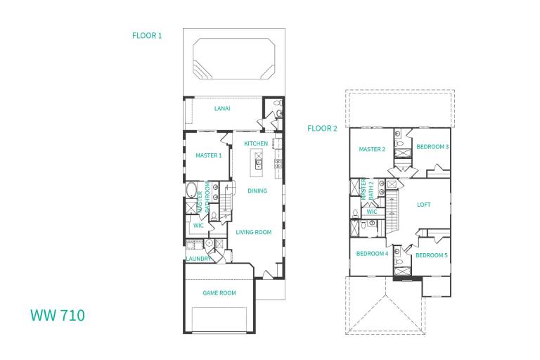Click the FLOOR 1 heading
(147, 35)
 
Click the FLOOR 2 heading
(322, 129)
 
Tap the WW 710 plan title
(58, 315)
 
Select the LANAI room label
(222, 108)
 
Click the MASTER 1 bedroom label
(209, 155)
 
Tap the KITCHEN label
(256, 143)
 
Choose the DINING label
(257, 191)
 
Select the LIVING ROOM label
(254, 232)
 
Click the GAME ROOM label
(219, 292)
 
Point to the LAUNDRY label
(198, 259)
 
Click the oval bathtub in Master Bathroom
(191, 190)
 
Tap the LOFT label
(423, 205)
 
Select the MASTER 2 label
(372, 149)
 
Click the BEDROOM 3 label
(432, 147)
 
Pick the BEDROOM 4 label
(372, 254)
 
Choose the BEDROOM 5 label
(432, 255)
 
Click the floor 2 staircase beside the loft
(392, 212)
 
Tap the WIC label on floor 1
(198, 226)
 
